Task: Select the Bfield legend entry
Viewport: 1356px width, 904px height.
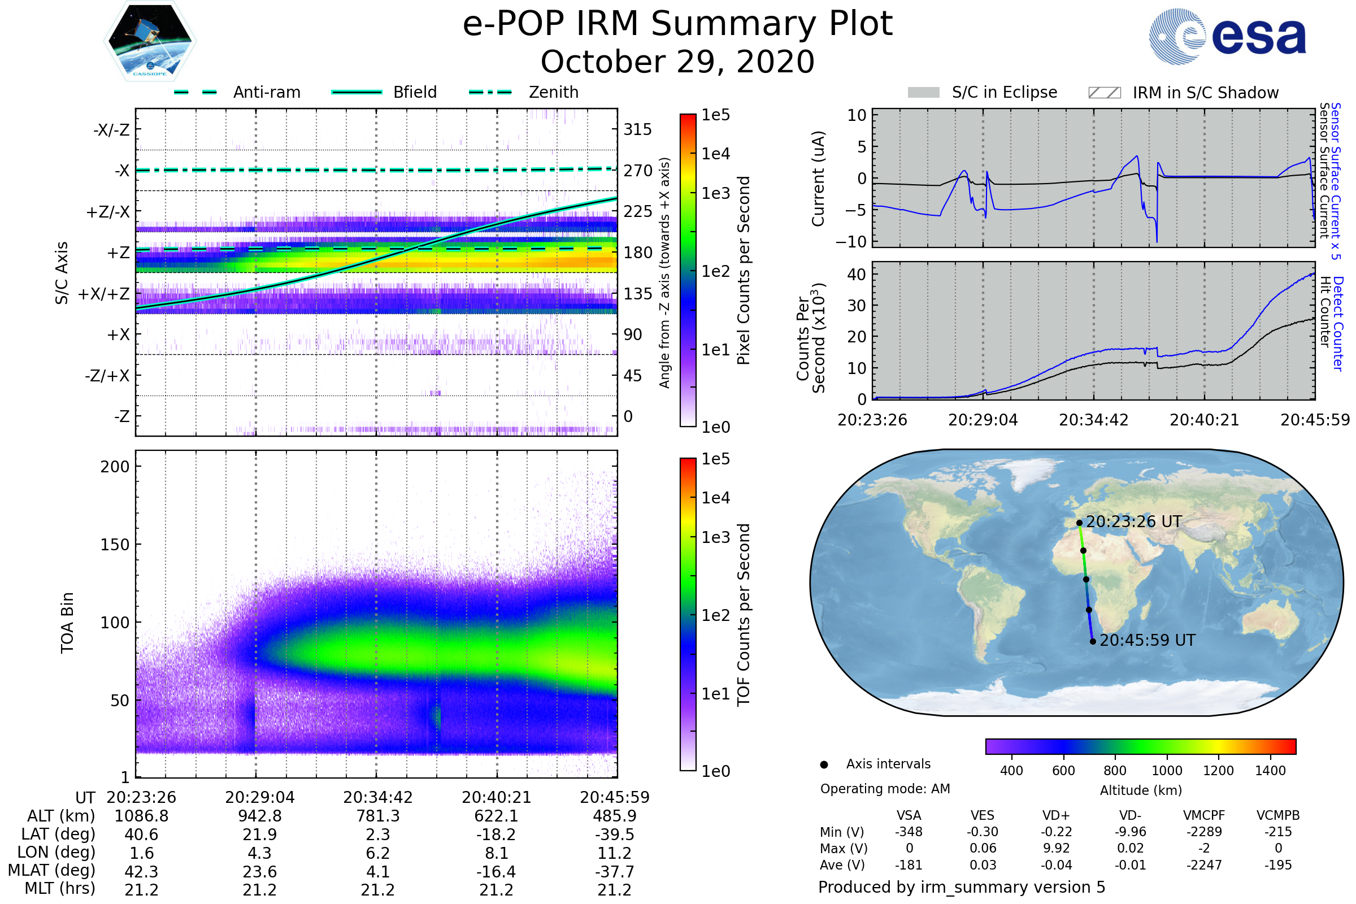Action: tap(414, 92)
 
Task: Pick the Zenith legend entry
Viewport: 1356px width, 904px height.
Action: tap(553, 92)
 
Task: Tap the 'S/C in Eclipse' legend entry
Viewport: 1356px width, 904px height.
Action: tap(1004, 92)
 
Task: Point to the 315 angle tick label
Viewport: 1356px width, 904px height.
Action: tap(637, 129)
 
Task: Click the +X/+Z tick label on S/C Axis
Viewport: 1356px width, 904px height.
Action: tap(104, 294)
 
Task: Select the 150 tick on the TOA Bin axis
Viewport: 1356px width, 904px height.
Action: tap(115, 544)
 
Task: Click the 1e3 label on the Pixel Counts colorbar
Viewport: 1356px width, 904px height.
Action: tap(715, 193)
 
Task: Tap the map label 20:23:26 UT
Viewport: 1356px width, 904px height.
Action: tap(1133, 521)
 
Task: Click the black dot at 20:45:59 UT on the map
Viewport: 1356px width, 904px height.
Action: tap(1093, 641)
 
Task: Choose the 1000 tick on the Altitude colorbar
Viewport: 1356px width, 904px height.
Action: tap(1166, 771)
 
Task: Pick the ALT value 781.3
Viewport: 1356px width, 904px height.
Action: tap(377, 816)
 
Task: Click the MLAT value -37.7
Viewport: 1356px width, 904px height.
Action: tap(614, 871)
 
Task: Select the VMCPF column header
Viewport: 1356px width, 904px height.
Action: tap(1203, 815)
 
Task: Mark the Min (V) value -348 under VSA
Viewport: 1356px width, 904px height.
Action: tap(909, 832)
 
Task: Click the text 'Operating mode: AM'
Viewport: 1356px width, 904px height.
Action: tap(885, 789)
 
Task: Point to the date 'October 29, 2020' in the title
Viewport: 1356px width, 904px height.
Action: tap(677, 62)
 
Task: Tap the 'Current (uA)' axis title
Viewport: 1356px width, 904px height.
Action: tap(818, 179)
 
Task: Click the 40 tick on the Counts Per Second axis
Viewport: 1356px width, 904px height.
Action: tap(856, 275)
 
